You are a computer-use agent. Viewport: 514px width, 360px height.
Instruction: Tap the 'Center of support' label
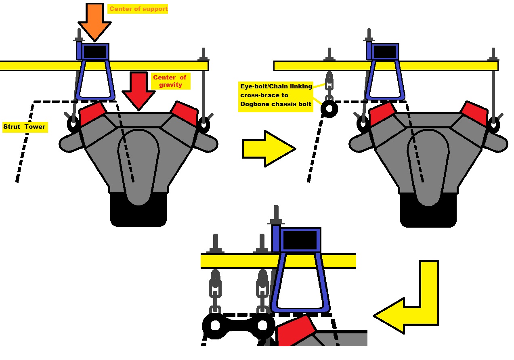point(138,9)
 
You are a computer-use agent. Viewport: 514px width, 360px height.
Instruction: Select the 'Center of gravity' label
point(170,81)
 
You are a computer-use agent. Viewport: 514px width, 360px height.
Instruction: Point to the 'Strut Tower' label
point(25,127)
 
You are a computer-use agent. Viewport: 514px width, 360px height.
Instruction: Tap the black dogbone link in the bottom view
point(239,326)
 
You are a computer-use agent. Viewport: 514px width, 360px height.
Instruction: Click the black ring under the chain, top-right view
point(329,109)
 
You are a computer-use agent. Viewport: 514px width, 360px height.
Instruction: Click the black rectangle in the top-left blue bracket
point(95,52)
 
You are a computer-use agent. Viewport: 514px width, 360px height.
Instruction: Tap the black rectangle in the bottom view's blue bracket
point(300,240)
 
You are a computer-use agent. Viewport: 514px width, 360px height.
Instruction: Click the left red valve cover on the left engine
point(92,113)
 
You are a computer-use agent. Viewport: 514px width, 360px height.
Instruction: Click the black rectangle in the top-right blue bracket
point(385,52)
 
